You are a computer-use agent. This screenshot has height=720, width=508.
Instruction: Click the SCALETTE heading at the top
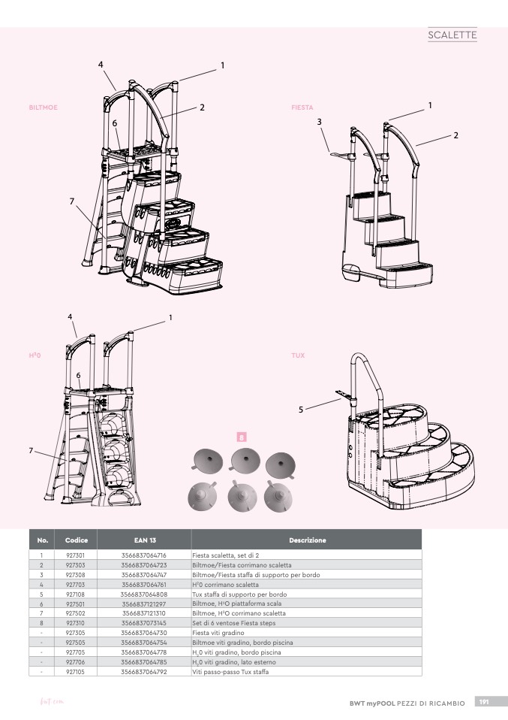click(x=452, y=35)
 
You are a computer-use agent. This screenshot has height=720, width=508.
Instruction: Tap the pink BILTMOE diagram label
click(x=43, y=107)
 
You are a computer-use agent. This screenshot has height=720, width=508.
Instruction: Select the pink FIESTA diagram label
click(x=302, y=107)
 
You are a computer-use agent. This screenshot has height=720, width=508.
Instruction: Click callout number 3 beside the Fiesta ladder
click(x=319, y=122)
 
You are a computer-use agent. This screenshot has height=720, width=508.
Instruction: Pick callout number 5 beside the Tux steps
click(x=301, y=410)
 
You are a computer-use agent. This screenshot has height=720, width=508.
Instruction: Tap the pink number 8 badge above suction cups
click(x=241, y=436)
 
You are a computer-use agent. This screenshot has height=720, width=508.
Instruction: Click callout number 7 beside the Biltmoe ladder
click(x=71, y=201)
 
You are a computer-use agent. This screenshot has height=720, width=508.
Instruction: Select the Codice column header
click(x=77, y=540)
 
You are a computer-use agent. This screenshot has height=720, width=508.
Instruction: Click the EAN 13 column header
click(x=145, y=540)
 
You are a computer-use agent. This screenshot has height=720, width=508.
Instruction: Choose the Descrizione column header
click(x=307, y=540)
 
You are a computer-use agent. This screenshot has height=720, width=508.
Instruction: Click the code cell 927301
click(x=75, y=555)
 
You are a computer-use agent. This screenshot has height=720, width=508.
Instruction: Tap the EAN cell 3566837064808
click(x=144, y=594)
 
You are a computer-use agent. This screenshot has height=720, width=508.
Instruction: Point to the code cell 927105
click(x=75, y=671)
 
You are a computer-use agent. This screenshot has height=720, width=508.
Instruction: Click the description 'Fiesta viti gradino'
click(x=219, y=633)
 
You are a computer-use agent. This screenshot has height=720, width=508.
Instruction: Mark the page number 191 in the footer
click(x=484, y=702)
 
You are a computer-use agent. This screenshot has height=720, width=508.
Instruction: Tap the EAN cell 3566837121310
click(x=144, y=613)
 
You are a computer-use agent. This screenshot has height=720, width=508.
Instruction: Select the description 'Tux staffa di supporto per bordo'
click(x=235, y=594)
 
